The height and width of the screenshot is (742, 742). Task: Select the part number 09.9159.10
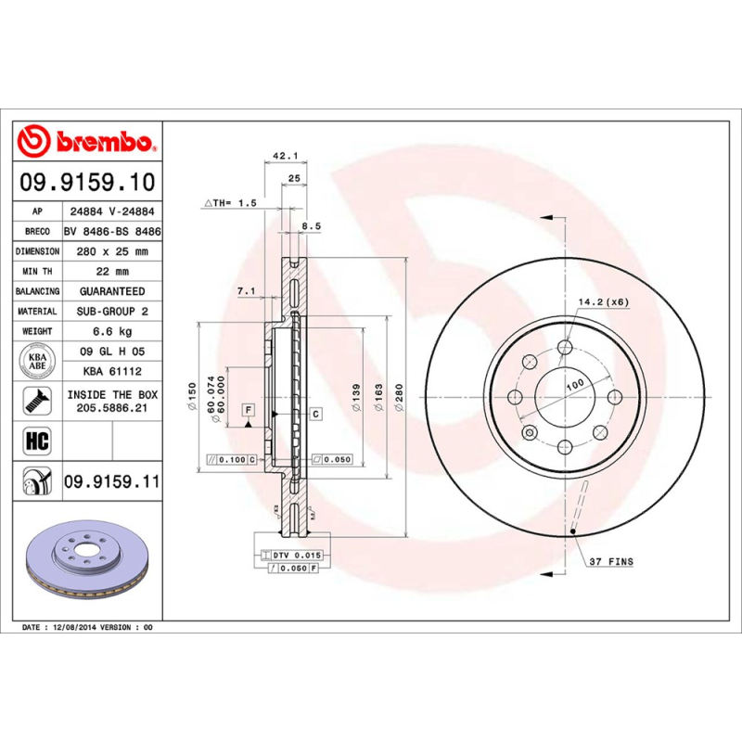tap(88, 182)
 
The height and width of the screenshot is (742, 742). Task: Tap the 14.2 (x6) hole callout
tap(603, 302)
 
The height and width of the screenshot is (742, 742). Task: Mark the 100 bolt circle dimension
tap(574, 384)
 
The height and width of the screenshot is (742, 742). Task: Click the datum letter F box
tap(249, 409)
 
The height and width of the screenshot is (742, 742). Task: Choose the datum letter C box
tap(315, 413)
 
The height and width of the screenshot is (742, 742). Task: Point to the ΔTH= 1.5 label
tap(229, 201)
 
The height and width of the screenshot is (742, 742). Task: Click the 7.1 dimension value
tap(247, 291)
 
